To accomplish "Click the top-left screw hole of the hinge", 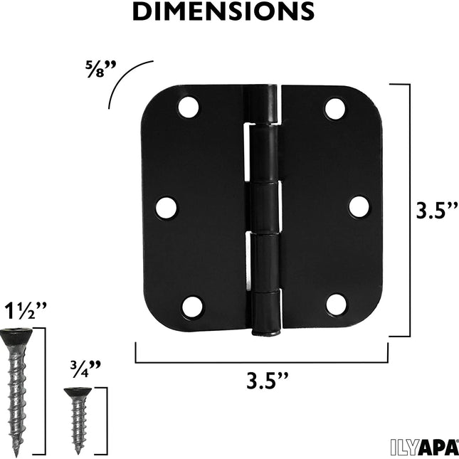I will (189, 107).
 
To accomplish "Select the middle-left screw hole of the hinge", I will (167, 207).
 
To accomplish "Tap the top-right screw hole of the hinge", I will (335, 107).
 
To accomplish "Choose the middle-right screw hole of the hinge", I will (359, 206).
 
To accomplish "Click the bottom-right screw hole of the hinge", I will (336, 305).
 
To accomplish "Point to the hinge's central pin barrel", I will (264, 206).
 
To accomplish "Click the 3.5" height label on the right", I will (435, 211).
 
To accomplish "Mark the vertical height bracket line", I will (410, 210).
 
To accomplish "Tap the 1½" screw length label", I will (25, 311).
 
